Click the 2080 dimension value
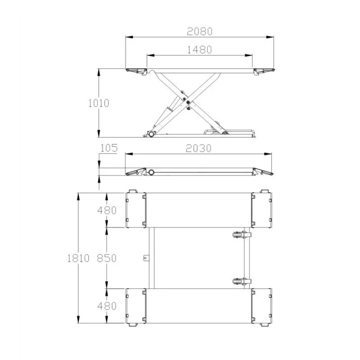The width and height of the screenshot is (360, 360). coord(199,31)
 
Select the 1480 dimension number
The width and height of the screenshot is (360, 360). coord(199,50)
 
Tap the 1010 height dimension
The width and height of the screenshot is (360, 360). coord(99,103)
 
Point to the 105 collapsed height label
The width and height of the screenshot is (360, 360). coord(109,148)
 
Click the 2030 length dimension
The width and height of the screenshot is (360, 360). coord(198,148)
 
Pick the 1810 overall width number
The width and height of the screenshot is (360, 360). coord(78,258)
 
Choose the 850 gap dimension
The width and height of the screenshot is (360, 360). coord(107,258)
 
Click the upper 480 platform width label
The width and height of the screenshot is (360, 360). coord(107,210)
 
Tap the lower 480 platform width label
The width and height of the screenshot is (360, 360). coord(107,306)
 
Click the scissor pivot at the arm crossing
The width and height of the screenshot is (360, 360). coord(188,102)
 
